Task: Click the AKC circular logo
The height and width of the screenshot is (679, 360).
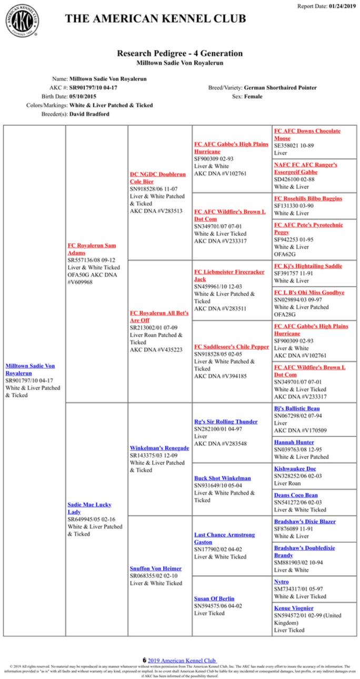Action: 22,21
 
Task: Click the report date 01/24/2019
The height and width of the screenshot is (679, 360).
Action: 342,6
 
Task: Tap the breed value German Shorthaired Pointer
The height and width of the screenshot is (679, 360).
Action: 281,88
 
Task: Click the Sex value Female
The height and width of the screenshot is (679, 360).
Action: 254,96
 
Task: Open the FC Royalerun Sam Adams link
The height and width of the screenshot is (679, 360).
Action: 92,249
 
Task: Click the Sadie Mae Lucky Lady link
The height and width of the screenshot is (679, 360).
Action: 89,508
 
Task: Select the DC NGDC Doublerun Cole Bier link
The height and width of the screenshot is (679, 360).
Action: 157,178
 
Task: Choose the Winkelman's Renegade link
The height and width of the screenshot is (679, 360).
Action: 159,448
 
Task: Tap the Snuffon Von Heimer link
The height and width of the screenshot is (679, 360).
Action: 155,568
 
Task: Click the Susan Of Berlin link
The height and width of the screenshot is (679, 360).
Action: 214,598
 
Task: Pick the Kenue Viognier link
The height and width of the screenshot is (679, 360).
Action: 293,608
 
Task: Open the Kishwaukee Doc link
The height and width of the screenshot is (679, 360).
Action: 295,468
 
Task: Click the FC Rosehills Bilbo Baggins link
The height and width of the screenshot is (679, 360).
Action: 307,198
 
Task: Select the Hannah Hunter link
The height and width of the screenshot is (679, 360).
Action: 294,442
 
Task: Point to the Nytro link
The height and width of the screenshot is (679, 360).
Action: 281,582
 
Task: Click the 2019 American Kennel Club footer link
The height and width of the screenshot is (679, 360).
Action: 182,660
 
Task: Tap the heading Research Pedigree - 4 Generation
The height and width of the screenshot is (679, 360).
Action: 179,53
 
